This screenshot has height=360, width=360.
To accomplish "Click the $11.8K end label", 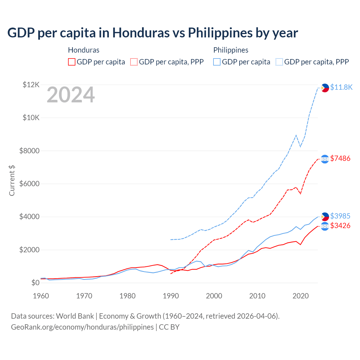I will [341, 87].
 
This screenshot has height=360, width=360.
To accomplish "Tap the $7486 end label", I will [340, 158].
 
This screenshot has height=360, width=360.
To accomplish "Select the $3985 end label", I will [340, 216].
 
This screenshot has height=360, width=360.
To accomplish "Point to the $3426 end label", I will [340, 226].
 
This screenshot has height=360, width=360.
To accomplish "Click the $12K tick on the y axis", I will [31, 84].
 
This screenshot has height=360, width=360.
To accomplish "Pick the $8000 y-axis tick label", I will [29, 151].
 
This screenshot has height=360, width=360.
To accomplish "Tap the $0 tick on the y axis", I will [35, 283].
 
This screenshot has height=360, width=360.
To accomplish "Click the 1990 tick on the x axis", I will [171, 296].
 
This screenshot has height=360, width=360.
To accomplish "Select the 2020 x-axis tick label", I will [301, 296].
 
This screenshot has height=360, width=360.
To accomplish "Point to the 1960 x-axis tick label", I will [41, 296].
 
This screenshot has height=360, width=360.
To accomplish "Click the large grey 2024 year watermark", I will [71, 95].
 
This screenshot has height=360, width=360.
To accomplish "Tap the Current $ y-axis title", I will [12, 180].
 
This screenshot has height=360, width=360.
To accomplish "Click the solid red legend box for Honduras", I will [72, 62].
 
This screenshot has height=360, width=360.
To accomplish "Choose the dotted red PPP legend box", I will [134, 62].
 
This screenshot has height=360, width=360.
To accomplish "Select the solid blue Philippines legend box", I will [217, 62].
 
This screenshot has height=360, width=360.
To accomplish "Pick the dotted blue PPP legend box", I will [279, 62].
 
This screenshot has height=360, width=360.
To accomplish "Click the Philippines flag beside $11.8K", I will [325, 88].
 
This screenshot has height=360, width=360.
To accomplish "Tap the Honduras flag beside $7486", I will [325, 159].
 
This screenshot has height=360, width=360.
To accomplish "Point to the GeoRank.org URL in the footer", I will [82, 327].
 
